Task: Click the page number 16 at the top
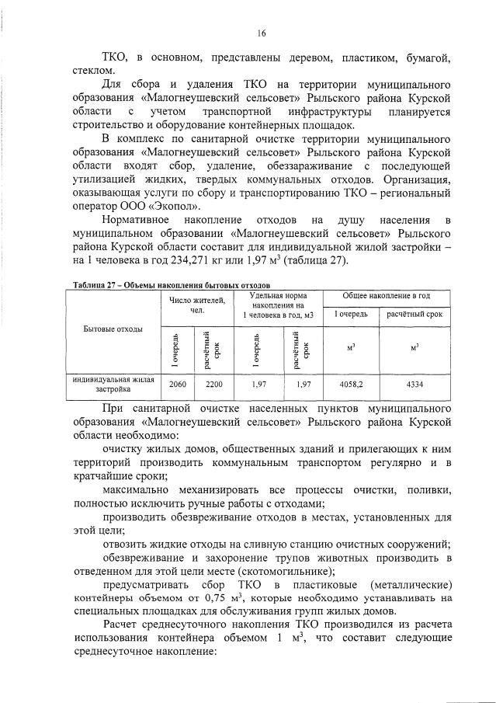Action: pyautogui.click(x=262, y=33)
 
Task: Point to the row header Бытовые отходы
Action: pyautogui.click(x=113, y=329)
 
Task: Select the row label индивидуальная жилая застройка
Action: pyautogui.click(x=113, y=384)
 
